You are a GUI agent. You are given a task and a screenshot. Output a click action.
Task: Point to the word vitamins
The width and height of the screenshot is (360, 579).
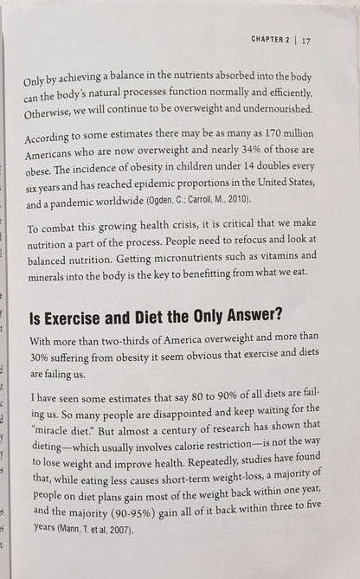pos(282,258)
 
